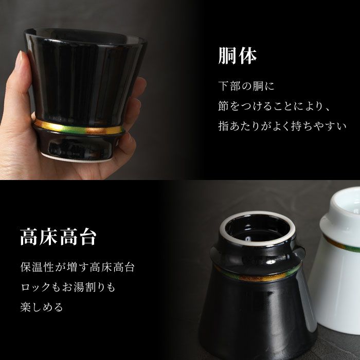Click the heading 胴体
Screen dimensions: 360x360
coord(237,56)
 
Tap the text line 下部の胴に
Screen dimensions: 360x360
coord(242,86)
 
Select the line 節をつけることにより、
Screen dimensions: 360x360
coord(273,106)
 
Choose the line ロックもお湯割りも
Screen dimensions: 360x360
coord(68,288)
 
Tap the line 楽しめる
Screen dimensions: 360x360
coord(42,308)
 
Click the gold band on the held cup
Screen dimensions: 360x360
coord(77,128)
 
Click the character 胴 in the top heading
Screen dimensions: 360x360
coord(227,56)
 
